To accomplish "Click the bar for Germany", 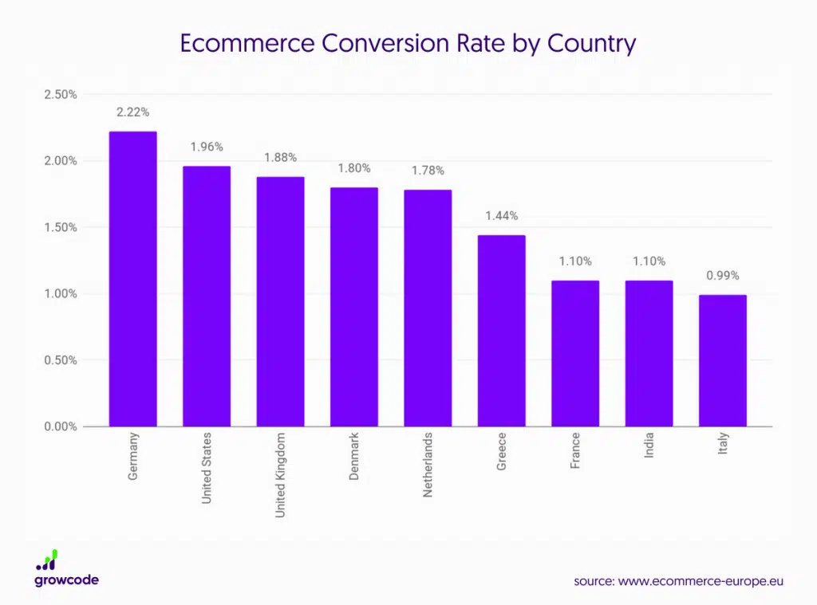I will [x=132, y=279].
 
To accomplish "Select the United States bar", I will [x=207, y=297].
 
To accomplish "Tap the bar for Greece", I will [x=501, y=331].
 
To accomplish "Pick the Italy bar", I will [x=723, y=360].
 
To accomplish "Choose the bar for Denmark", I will [x=354, y=307].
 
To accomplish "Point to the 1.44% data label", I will [x=502, y=215].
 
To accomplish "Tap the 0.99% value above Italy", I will [x=723, y=276].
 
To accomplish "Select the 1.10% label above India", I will [x=649, y=261].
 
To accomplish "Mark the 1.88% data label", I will [x=280, y=157].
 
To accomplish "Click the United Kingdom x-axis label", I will [x=280, y=475].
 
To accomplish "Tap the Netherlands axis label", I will [x=428, y=466].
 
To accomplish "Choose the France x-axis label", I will [x=575, y=450].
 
